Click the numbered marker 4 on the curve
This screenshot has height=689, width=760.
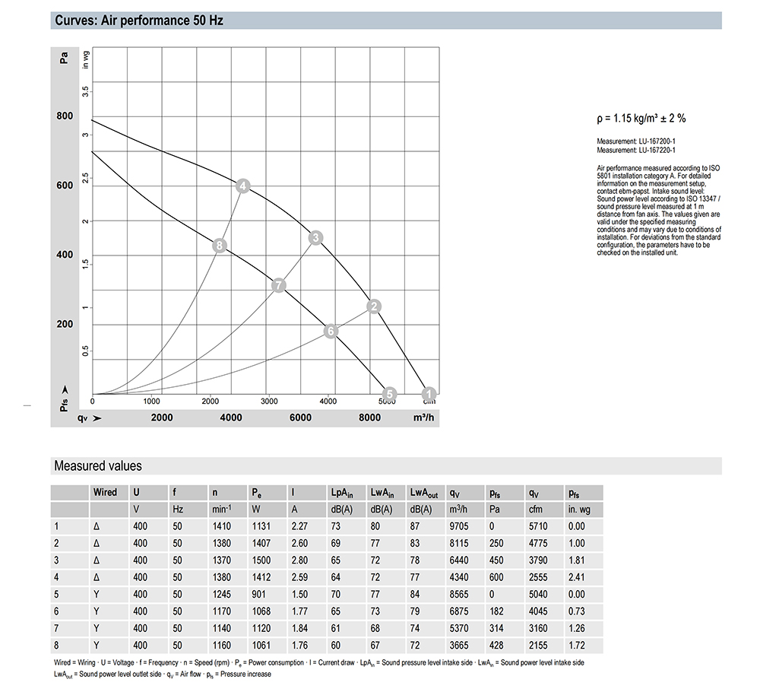coord(242,186)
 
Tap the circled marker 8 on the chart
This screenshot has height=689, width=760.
coord(219,245)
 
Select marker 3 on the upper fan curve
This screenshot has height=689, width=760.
coord(316,238)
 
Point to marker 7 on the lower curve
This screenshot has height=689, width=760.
coord(279,285)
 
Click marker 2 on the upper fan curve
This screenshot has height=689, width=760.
coord(373,306)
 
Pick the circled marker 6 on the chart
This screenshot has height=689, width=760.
coord(330,331)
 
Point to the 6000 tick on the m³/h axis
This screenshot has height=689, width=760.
coord(300,417)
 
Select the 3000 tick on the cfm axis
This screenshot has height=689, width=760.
coord(268,401)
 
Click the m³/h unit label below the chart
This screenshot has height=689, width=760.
coord(423,417)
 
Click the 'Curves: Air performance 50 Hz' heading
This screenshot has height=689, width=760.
coord(138,21)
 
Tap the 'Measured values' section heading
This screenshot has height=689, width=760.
coord(97,465)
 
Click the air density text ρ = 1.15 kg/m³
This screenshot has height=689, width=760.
coord(641,119)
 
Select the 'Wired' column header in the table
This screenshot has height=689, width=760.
coord(105,492)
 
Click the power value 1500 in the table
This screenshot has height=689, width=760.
coord(261,560)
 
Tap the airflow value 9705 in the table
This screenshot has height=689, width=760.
coord(458,525)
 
